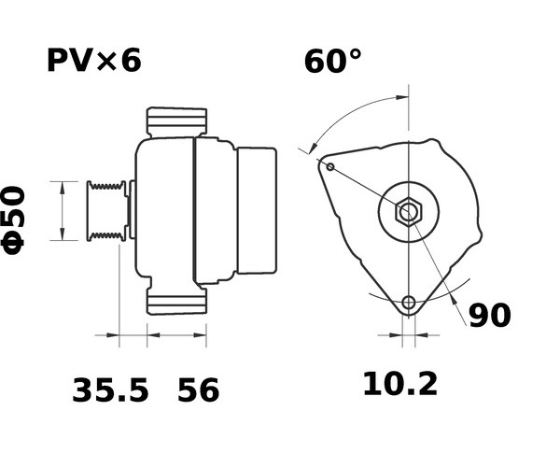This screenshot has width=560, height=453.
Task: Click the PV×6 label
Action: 94,61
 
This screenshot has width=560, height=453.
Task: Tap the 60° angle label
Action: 333,62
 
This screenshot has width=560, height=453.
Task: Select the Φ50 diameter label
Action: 13,219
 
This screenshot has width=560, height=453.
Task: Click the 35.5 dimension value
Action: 110,390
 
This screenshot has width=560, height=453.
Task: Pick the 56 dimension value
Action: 198,390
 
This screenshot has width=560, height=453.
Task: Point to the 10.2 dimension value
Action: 400,385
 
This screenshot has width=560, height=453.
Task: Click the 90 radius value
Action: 490,316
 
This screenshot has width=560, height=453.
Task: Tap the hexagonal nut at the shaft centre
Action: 409,213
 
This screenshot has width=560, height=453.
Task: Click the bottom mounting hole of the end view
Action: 409,303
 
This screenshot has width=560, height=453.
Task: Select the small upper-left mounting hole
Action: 330,166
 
